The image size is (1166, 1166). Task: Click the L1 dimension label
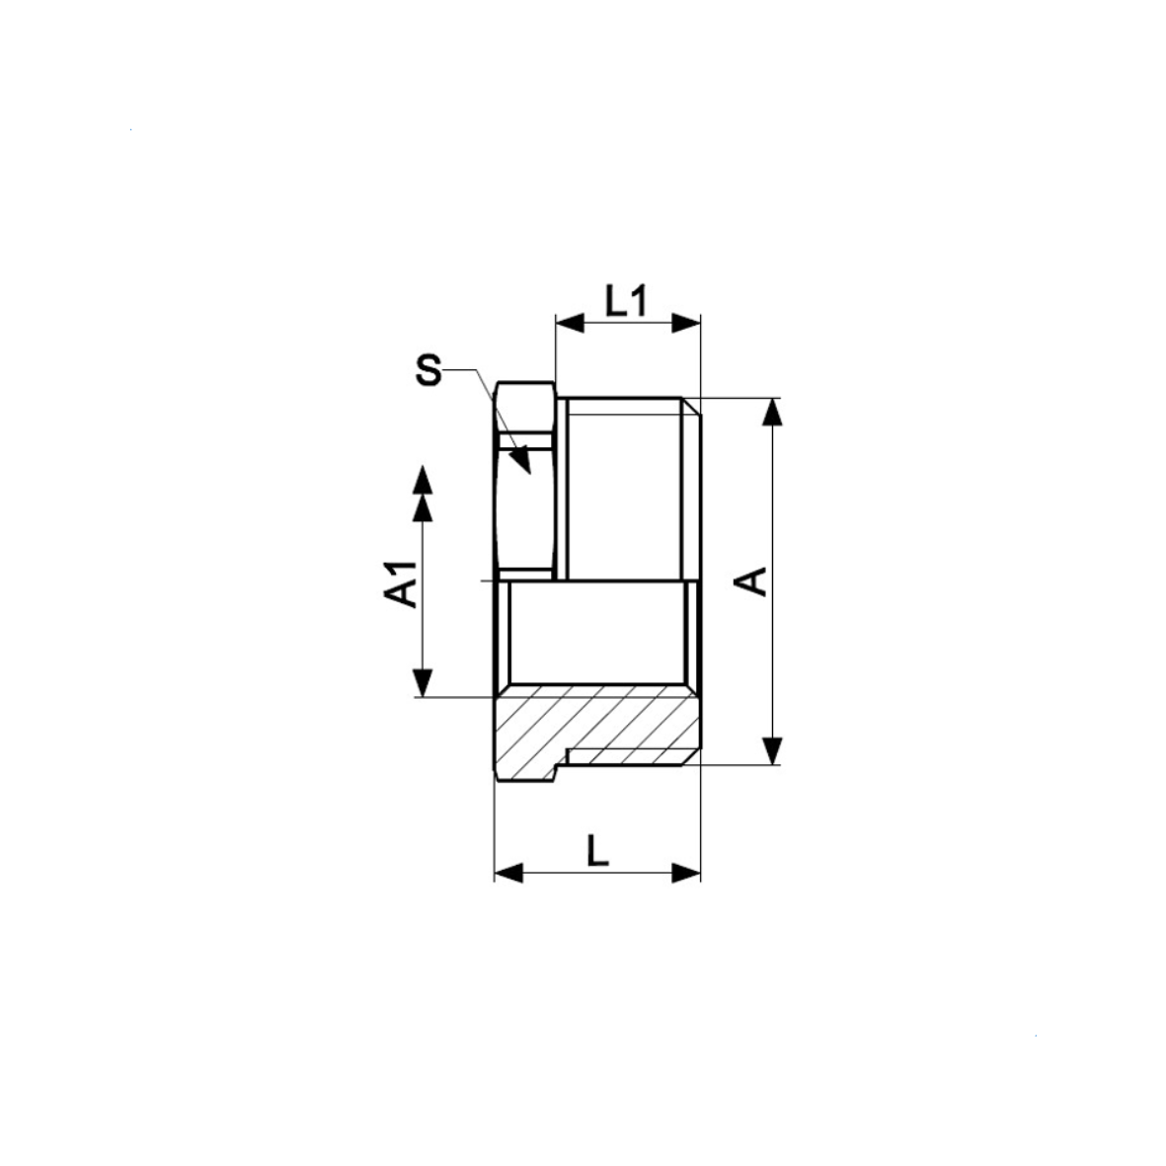point(626,301)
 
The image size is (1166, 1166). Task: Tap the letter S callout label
point(428,369)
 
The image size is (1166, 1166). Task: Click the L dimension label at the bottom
point(598,850)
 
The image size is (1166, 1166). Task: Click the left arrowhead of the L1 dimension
point(570,324)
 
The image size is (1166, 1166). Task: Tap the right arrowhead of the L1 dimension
point(686,324)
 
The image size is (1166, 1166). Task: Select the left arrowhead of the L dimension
point(508,873)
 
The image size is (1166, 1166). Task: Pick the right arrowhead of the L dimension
point(686,873)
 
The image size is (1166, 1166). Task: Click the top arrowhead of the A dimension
point(773,412)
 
